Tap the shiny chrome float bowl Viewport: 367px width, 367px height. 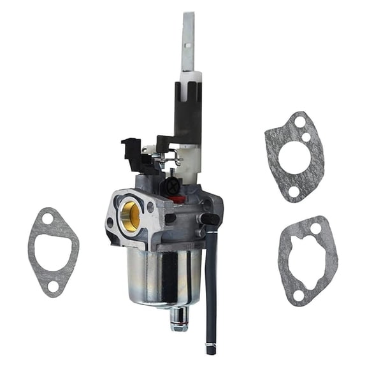click(163, 275)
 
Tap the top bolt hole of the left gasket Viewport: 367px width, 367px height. click(48, 219)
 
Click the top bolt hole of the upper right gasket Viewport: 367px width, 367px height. click(299, 121)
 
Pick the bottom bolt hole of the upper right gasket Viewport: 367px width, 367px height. click(294, 191)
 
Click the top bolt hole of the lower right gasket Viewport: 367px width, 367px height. click(315, 227)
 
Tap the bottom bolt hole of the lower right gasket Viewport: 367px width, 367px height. click(298, 294)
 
